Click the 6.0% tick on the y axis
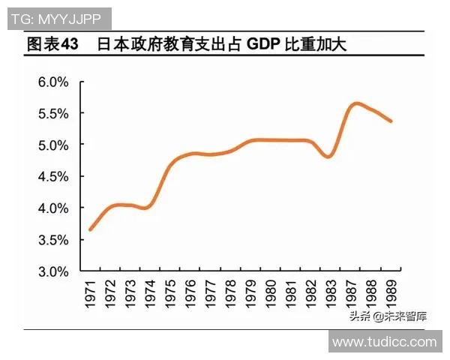pos(53,82)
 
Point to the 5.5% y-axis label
pos(53,113)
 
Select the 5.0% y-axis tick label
pos(53,144)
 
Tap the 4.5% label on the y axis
pos(53,176)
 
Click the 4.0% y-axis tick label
pos(53,208)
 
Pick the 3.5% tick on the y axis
pos(53,240)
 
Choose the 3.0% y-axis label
pos(53,271)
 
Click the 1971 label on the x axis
pos(91,292)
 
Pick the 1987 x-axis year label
pos(349,292)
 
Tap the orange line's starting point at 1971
pos(90,229)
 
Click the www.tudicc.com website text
pos(384,342)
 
